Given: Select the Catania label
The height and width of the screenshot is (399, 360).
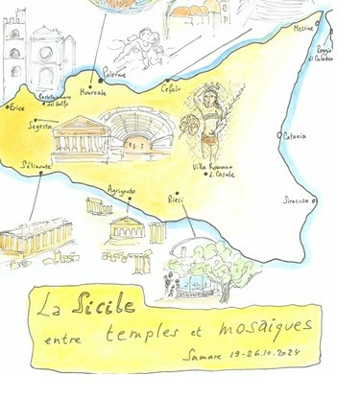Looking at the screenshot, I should (x=295, y=136).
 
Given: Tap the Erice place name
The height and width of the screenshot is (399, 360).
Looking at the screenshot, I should (x=16, y=107).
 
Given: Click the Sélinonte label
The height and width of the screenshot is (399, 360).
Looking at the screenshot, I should (x=38, y=166).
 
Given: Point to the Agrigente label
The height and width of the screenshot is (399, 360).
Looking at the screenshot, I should (x=121, y=191).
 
